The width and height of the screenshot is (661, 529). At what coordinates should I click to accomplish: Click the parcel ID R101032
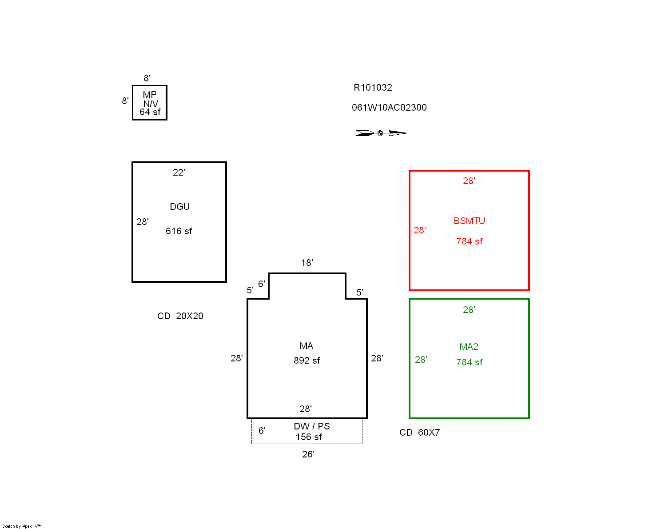click(x=373, y=88)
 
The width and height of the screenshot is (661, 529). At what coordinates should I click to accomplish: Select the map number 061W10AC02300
click(x=389, y=108)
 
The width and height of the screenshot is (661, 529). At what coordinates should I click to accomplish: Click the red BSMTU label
click(x=469, y=221)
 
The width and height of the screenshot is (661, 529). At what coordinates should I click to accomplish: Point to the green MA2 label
click(x=469, y=347)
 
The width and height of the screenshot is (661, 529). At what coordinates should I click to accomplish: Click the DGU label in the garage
click(x=179, y=207)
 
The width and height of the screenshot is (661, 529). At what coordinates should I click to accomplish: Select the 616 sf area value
click(x=179, y=231)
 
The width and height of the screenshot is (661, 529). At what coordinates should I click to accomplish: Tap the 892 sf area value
click(x=307, y=360)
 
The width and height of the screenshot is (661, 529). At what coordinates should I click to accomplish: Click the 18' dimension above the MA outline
click(x=307, y=263)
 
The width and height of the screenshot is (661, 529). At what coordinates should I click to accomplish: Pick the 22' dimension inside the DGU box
click(x=179, y=172)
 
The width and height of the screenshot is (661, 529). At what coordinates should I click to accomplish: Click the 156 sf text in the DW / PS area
click(x=308, y=437)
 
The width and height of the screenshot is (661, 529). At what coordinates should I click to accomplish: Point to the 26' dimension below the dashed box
click(x=308, y=454)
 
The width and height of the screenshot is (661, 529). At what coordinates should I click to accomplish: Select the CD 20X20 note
click(x=180, y=316)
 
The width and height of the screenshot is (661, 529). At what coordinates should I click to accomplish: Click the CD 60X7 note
click(x=420, y=433)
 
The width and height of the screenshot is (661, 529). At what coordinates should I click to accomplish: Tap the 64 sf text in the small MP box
click(x=150, y=112)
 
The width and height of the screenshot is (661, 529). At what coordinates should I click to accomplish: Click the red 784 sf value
click(x=469, y=241)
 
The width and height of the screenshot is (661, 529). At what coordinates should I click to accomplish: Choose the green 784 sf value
click(x=469, y=362)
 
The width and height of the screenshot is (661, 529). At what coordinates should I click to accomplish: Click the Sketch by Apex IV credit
click(x=22, y=526)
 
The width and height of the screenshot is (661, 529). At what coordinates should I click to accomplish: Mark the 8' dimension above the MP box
click(x=147, y=78)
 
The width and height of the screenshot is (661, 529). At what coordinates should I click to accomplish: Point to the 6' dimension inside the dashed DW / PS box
click(x=262, y=431)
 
